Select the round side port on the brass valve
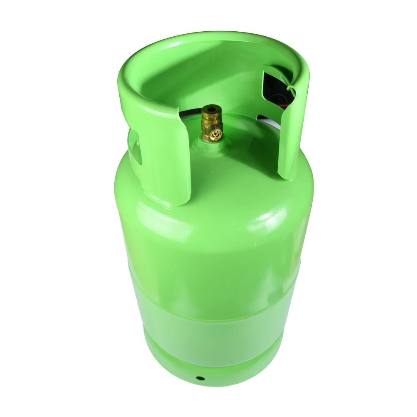pos(215,134)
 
